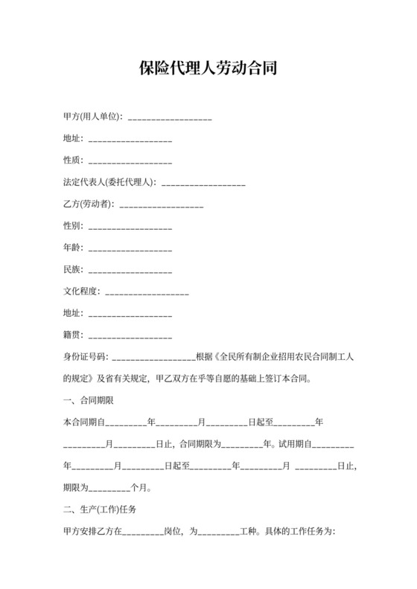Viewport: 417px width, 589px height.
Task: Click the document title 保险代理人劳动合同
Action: point(208,69)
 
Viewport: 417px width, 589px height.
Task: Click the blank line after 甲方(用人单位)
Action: point(171,118)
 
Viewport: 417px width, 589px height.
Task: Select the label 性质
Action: point(73,161)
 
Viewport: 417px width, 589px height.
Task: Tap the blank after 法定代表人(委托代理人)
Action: point(203,182)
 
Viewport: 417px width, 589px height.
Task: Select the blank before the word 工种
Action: point(216,532)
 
